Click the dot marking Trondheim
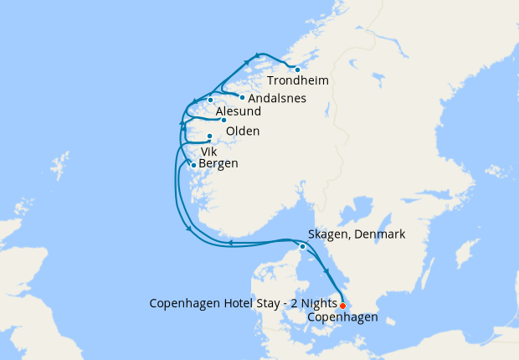click(x=297, y=69)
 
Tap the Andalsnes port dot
click(x=242, y=97)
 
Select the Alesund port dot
click(x=211, y=100)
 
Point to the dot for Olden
click(x=224, y=120)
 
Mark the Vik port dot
click(x=210, y=136)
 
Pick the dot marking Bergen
click(x=194, y=165)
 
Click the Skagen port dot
click(x=302, y=246)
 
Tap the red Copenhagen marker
click(x=342, y=306)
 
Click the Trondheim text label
click(x=297, y=81)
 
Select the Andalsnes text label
click(x=271, y=99)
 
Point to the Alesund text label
click(x=239, y=112)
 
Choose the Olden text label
click(x=243, y=131)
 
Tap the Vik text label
click(x=208, y=152)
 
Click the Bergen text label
click(x=218, y=164)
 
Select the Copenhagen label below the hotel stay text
click(x=342, y=317)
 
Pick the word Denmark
click(x=381, y=234)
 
